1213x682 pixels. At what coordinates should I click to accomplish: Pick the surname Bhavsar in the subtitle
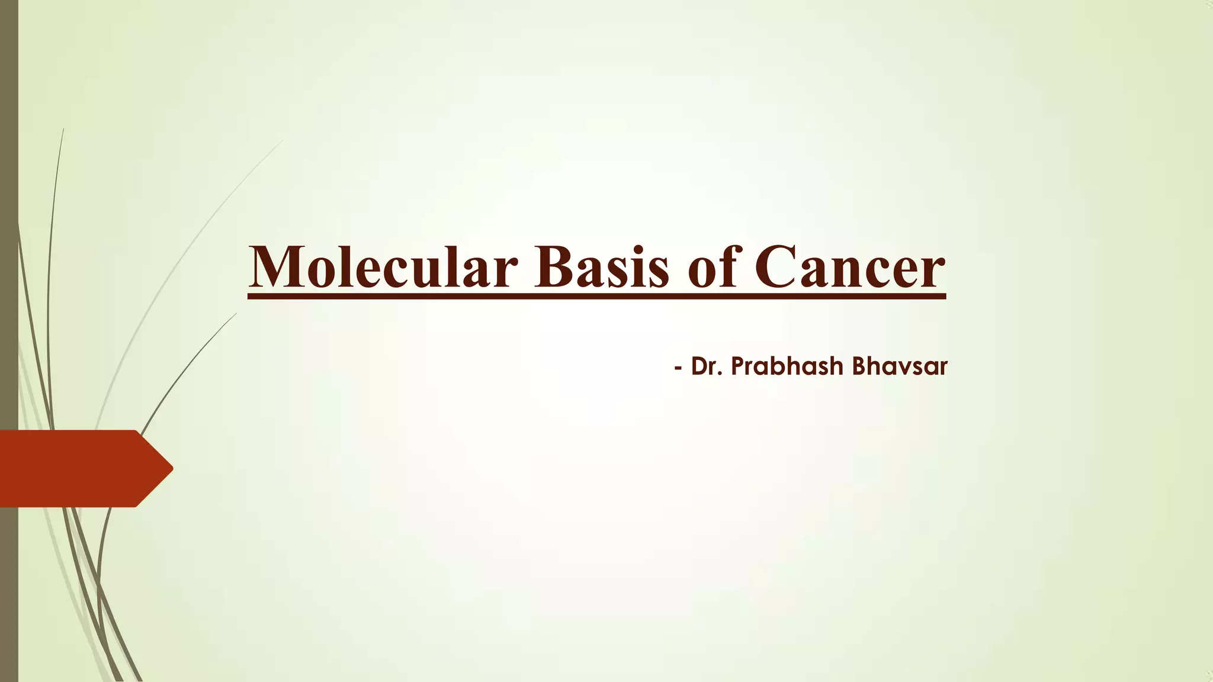pyautogui.click(x=900, y=366)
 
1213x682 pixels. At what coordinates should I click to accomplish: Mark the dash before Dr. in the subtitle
pyautogui.click(x=678, y=368)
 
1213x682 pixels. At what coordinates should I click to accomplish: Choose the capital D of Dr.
pyautogui.click(x=699, y=366)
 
